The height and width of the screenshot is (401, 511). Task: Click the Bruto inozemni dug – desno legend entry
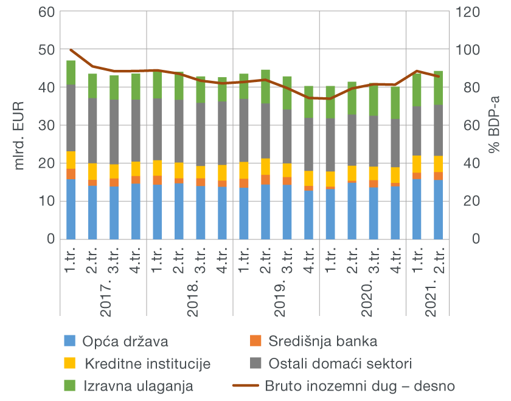359,386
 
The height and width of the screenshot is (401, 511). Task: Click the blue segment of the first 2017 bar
71,210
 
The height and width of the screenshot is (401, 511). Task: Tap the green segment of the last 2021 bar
438,88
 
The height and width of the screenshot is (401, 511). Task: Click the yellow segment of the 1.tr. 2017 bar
71,160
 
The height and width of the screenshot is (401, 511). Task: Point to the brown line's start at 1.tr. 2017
71,50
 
